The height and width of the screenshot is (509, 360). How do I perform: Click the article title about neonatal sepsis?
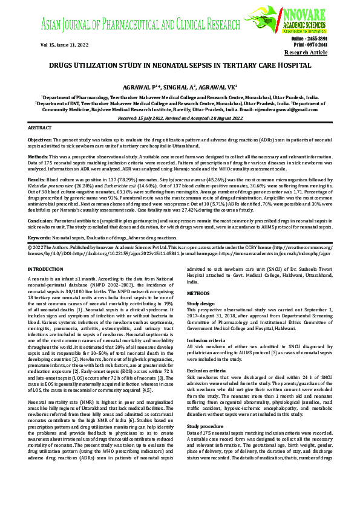(x=180, y=65)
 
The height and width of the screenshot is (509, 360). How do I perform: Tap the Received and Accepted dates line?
(x=180, y=118)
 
